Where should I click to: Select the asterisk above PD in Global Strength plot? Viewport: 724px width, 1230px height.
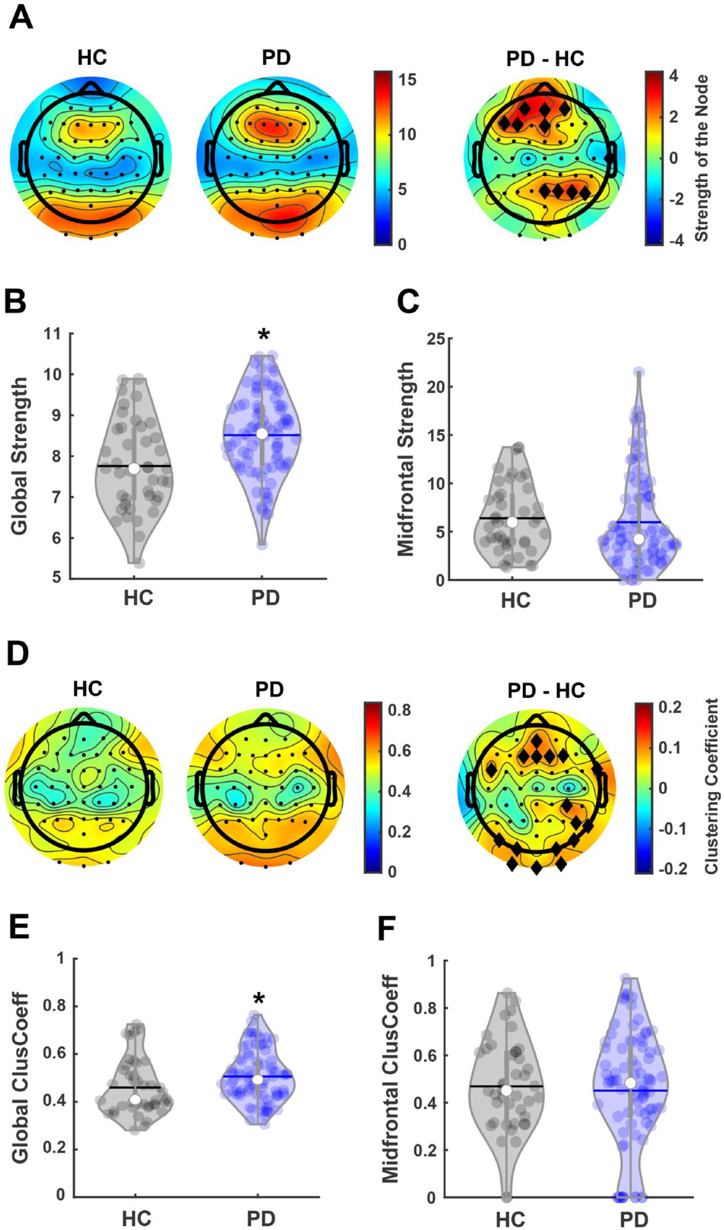(263, 335)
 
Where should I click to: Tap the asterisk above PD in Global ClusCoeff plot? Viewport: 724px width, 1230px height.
(258, 999)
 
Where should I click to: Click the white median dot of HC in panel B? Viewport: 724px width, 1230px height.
(134, 468)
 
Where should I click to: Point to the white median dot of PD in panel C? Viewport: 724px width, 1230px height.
(639, 539)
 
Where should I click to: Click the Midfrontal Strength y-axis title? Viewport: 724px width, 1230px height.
(406, 458)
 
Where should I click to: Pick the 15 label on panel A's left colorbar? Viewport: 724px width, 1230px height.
(407, 80)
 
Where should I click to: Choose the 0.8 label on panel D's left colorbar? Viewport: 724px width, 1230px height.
(399, 710)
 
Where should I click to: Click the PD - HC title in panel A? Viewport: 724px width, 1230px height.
(545, 58)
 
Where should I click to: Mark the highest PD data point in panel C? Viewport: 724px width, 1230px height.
(639, 372)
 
